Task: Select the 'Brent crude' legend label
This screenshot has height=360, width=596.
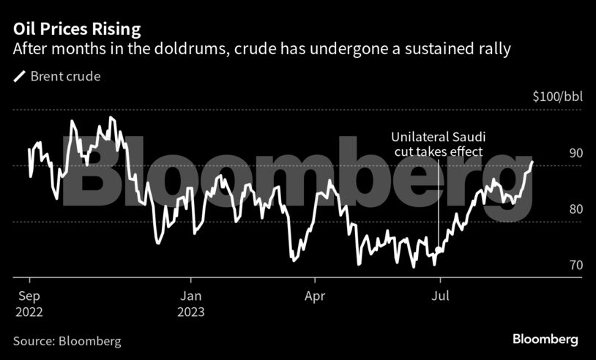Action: pyautogui.click(x=66, y=75)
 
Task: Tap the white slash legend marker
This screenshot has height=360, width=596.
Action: pyautogui.click(x=19, y=75)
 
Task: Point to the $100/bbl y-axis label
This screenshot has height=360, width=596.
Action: pyautogui.click(x=554, y=98)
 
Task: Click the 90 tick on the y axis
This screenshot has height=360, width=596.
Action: pyautogui.click(x=575, y=154)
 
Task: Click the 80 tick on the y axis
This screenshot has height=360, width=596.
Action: pyautogui.click(x=575, y=209)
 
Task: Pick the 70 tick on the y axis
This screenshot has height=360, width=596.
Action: pyautogui.click(x=575, y=265)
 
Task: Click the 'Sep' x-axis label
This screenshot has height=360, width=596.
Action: pyautogui.click(x=29, y=297)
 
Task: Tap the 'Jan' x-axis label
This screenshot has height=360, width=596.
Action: pyautogui.click(x=191, y=297)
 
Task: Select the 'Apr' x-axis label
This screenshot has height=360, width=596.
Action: pyautogui.click(x=315, y=297)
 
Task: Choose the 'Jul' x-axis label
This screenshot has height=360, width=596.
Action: pyautogui.click(x=439, y=297)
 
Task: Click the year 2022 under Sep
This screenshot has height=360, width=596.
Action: pyautogui.click(x=29, y=312)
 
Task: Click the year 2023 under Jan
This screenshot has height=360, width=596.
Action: pyautogui.click(x=191, y=312)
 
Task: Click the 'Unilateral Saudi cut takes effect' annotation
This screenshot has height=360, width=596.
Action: pyautogui.click(x=438, y=144)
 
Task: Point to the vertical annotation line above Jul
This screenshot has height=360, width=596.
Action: pyautogui.click(x=439, y=205)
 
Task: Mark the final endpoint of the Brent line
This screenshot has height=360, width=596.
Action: pyautogui.click(x=532, y=162)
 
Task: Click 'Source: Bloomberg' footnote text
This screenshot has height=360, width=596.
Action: pyautogui.click(x=67, y=341)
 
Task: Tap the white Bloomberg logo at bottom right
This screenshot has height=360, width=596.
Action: pyautogui.click(x=545, y=340)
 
